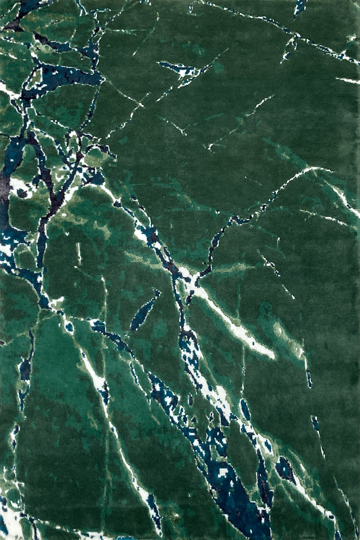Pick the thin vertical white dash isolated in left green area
click(78, 253)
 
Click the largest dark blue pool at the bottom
click(232, 496)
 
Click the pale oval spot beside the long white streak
click(280, 330)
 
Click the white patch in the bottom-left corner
click(10, 521)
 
